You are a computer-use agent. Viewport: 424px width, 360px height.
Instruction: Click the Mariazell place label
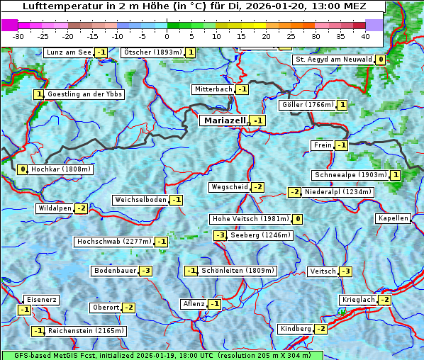(223, 120)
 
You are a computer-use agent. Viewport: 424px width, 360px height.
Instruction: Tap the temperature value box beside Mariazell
(257, 121)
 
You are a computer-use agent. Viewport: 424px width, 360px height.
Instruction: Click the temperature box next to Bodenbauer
(145, 271)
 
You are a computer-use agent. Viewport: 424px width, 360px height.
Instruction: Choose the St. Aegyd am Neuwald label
(333, 60)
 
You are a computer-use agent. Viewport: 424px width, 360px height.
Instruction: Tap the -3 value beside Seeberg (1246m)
(220, 235)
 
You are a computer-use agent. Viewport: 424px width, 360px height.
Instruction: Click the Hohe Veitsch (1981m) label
(250, 219)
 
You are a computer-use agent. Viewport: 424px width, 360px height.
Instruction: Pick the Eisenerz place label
(40, 300)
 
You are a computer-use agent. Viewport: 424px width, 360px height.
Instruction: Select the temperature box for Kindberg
(320, 329)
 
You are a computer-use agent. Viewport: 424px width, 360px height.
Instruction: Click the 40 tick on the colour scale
(365, 35)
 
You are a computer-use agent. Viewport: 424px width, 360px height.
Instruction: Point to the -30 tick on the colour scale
(18, 35)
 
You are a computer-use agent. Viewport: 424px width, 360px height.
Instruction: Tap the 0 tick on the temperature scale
(167, 35)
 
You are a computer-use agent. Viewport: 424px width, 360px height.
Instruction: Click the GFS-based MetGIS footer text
(162, 355)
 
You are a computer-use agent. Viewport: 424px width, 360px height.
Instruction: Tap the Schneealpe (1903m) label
(350, 175)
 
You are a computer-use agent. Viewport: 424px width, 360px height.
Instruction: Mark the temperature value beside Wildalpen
(81, 208)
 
